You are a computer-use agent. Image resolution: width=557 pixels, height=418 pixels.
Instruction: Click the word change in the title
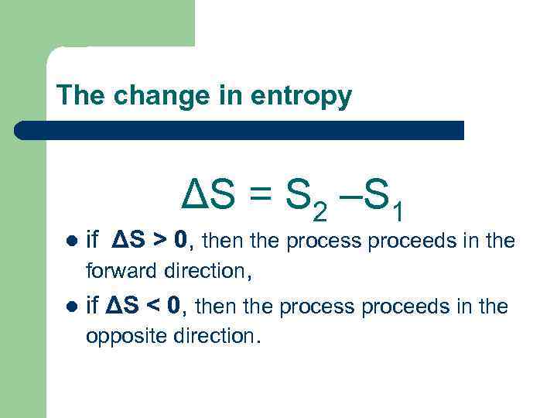155,96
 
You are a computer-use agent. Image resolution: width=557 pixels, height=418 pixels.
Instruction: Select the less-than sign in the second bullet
152,307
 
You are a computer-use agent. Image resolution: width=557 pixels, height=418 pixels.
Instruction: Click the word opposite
123,337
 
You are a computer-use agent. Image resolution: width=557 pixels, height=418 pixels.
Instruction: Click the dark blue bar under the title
240,130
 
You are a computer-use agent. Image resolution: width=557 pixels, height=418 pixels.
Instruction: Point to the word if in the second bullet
93,307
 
